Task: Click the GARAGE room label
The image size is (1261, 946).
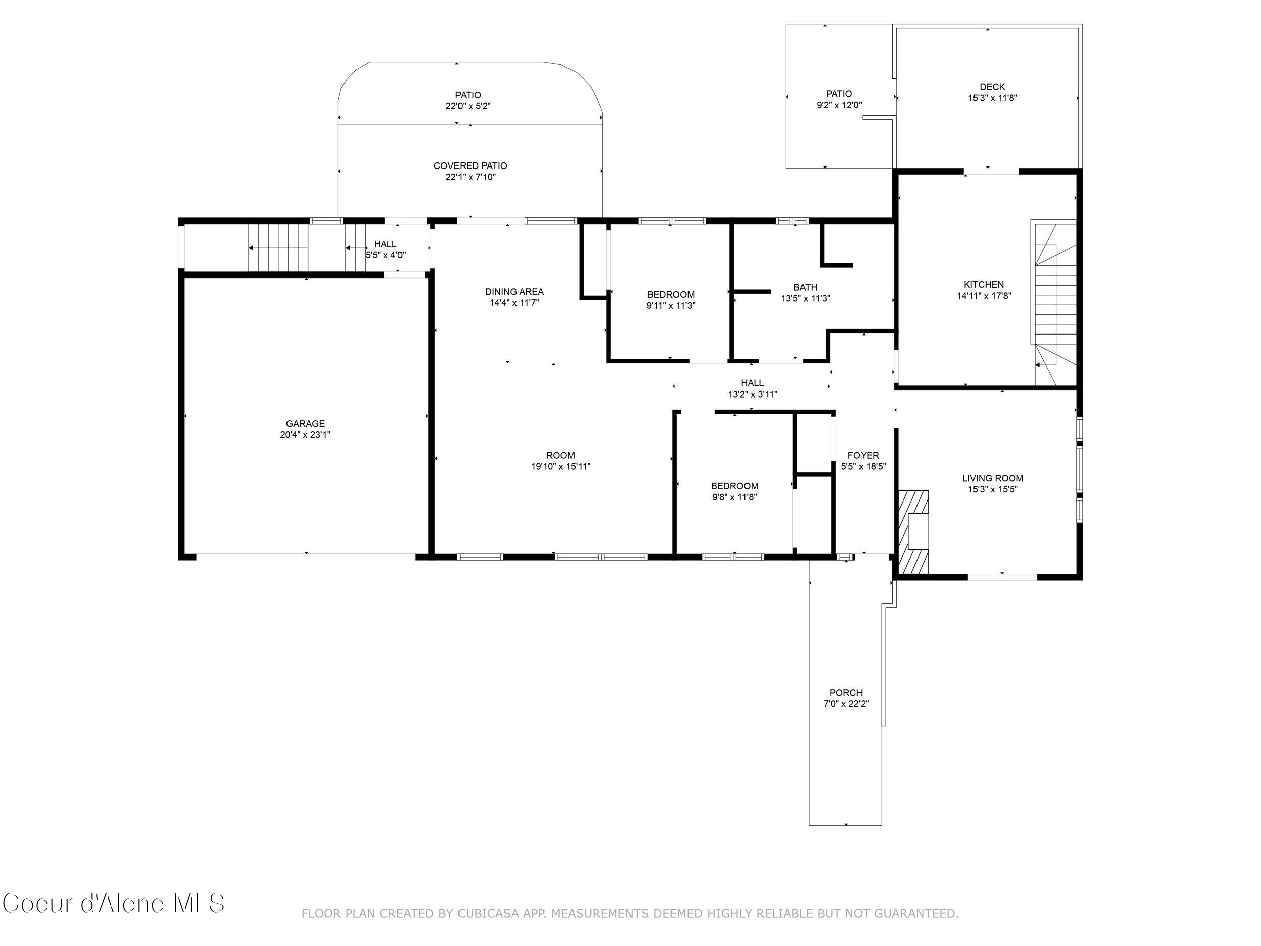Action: (305, 424)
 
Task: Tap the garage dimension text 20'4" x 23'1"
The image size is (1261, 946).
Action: (305, 435)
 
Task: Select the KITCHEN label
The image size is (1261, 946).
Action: (984, 285)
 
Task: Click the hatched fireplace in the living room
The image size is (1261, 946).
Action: (913, 531)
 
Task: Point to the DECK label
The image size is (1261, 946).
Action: (992, 87)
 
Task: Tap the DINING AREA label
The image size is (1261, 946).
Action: (514, 292)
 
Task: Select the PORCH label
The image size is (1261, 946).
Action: (845, 693)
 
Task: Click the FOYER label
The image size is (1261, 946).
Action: (863, 455)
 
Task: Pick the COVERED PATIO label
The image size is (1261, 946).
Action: (470, 166)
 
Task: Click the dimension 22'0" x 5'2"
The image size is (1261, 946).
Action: (468, 106)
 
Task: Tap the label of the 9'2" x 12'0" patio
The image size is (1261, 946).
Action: (839, 94)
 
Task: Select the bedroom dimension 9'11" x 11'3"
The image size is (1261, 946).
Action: (670, 306)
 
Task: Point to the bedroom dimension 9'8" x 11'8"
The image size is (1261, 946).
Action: (734, 497)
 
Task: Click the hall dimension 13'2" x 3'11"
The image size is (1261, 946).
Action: (753, 394)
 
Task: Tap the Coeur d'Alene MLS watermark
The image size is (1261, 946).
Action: (113, 904)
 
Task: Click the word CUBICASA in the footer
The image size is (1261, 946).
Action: (488, 914)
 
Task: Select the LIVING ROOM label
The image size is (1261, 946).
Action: (993, 478)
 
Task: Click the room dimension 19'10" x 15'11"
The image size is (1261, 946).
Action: (560, 467)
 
